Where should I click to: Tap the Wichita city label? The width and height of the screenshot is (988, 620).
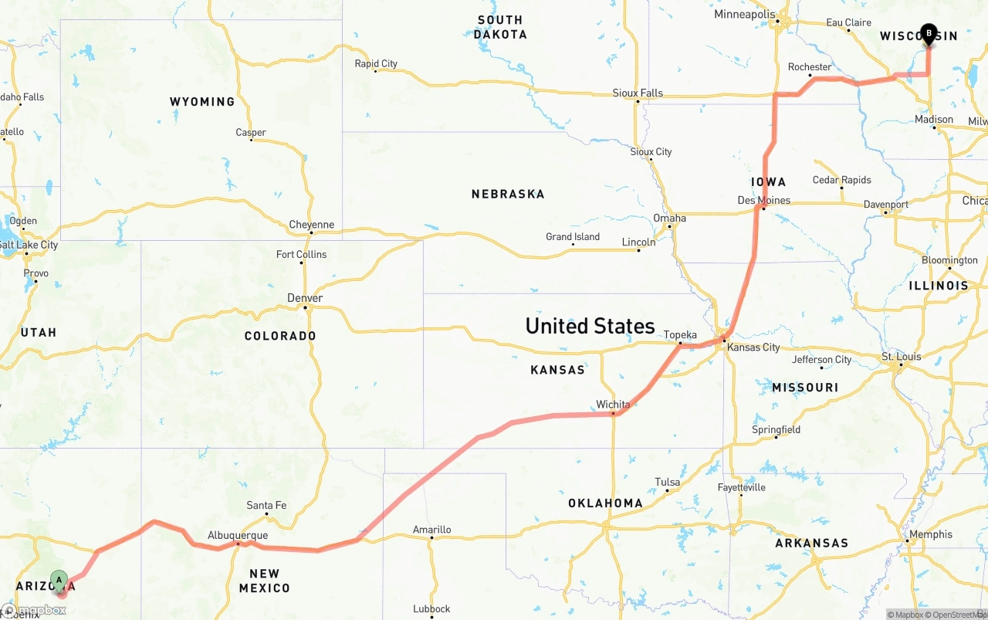613,405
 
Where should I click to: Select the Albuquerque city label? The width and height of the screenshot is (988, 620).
238,535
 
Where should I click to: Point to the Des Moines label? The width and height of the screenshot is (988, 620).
764,200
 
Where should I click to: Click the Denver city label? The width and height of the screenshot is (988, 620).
305,298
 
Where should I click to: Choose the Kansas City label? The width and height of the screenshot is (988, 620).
753,347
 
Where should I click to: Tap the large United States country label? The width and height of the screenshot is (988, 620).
590,326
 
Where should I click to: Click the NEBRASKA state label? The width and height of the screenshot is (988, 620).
508,195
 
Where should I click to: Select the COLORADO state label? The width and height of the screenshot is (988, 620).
280,336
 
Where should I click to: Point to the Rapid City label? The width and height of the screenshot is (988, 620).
376,63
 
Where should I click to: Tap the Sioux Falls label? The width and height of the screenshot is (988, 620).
638,93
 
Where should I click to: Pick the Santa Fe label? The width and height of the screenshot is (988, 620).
266,506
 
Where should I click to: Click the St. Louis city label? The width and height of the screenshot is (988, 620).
902,357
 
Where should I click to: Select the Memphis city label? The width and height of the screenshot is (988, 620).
931,534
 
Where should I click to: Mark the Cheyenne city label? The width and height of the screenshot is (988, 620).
312,225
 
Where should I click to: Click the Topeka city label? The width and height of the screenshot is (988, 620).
680,334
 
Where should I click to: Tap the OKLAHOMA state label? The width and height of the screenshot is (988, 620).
605,503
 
